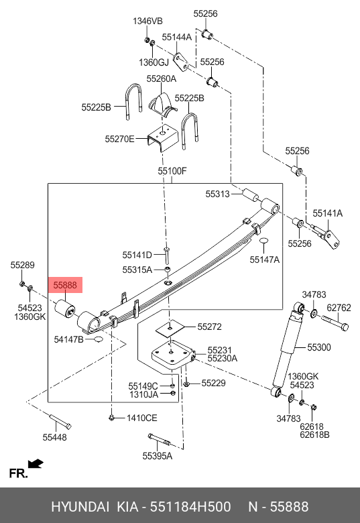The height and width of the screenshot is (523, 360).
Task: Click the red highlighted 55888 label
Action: [66, 285]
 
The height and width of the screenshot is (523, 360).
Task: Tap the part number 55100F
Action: [172, 171]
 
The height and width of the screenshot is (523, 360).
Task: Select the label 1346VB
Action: [147, 21]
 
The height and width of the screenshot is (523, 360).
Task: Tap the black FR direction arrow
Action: [36, 463]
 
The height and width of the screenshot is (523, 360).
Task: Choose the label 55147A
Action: [265, 259]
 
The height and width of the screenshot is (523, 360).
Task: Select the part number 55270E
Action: [119, 139]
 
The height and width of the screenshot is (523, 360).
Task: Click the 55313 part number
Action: [217, 194]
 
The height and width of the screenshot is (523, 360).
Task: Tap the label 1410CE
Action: [141, 418]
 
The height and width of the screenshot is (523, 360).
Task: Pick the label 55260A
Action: [161, 78]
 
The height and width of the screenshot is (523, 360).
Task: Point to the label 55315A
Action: [137, 270]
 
